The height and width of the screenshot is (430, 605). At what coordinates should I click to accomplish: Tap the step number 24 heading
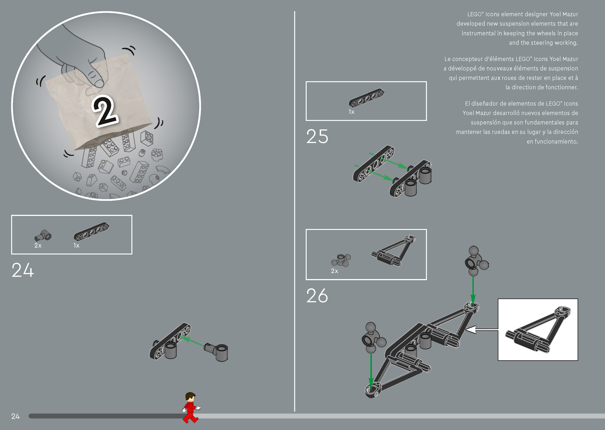[x=23, y=270]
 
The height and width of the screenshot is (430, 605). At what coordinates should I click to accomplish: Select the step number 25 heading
[x=317, y=137]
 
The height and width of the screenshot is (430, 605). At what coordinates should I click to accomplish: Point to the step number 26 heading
[x=317, y=295]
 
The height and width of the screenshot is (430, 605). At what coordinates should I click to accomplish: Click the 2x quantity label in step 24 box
[x=38, y=245]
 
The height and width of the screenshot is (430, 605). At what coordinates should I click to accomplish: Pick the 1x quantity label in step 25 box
[x=351, y=112]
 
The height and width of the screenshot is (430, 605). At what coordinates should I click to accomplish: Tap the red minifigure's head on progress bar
[x=190, y=398]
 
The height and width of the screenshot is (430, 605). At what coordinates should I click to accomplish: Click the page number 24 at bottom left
[x=15, y=416]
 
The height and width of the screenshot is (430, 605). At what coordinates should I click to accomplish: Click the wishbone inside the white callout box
[x=538, y=330]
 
